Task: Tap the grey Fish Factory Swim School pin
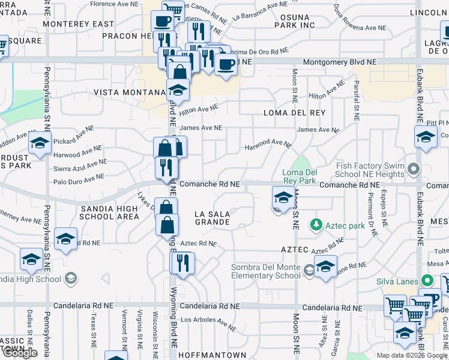point(412,170)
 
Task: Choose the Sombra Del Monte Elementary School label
point(267,271)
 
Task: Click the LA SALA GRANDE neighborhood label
point(212,218)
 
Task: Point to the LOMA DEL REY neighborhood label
point(294,113)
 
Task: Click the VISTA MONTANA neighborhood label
point(129,93)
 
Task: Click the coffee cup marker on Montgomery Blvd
point(226,64)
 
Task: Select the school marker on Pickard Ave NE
point(40,144)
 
